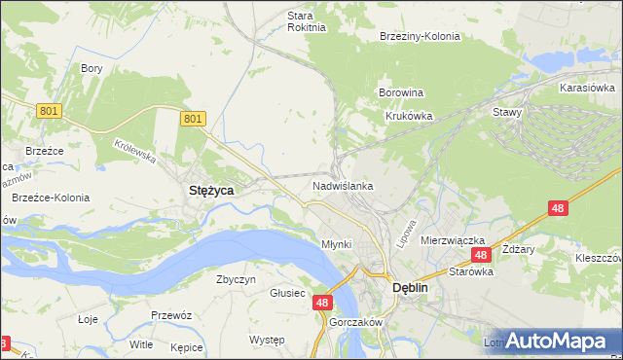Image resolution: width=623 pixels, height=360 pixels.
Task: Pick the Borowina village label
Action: click(x=400, y=93)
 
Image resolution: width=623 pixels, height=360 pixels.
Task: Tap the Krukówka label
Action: click(x=408, y=115)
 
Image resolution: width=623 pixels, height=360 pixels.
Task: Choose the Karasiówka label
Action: click(x=585, y=88)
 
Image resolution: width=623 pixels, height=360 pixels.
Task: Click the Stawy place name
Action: click(x=508, y=112)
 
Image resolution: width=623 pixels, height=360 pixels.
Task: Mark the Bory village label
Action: click(x=92, y=68)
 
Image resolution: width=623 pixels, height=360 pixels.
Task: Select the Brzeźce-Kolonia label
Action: click(x=51, y=198)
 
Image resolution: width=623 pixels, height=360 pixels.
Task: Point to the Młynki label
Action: click(x=336, y=244)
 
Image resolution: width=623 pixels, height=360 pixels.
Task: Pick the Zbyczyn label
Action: click(x=236, y=279)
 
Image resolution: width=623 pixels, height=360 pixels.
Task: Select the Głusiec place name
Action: click(x=288, y=293)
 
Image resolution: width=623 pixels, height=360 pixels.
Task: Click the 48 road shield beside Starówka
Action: click(x=480, y=255)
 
